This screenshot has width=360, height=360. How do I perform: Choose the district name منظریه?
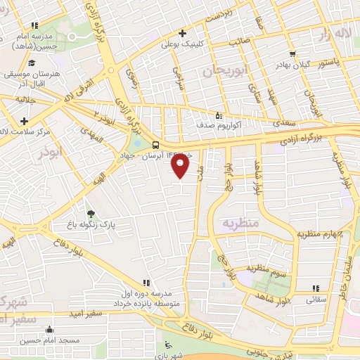coord(242,222)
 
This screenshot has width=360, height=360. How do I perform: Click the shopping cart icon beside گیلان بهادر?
coord(292,53)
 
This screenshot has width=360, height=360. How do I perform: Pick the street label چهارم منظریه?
coord(320,233)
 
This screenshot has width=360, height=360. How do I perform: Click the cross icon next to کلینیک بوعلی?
coord(181,32)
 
